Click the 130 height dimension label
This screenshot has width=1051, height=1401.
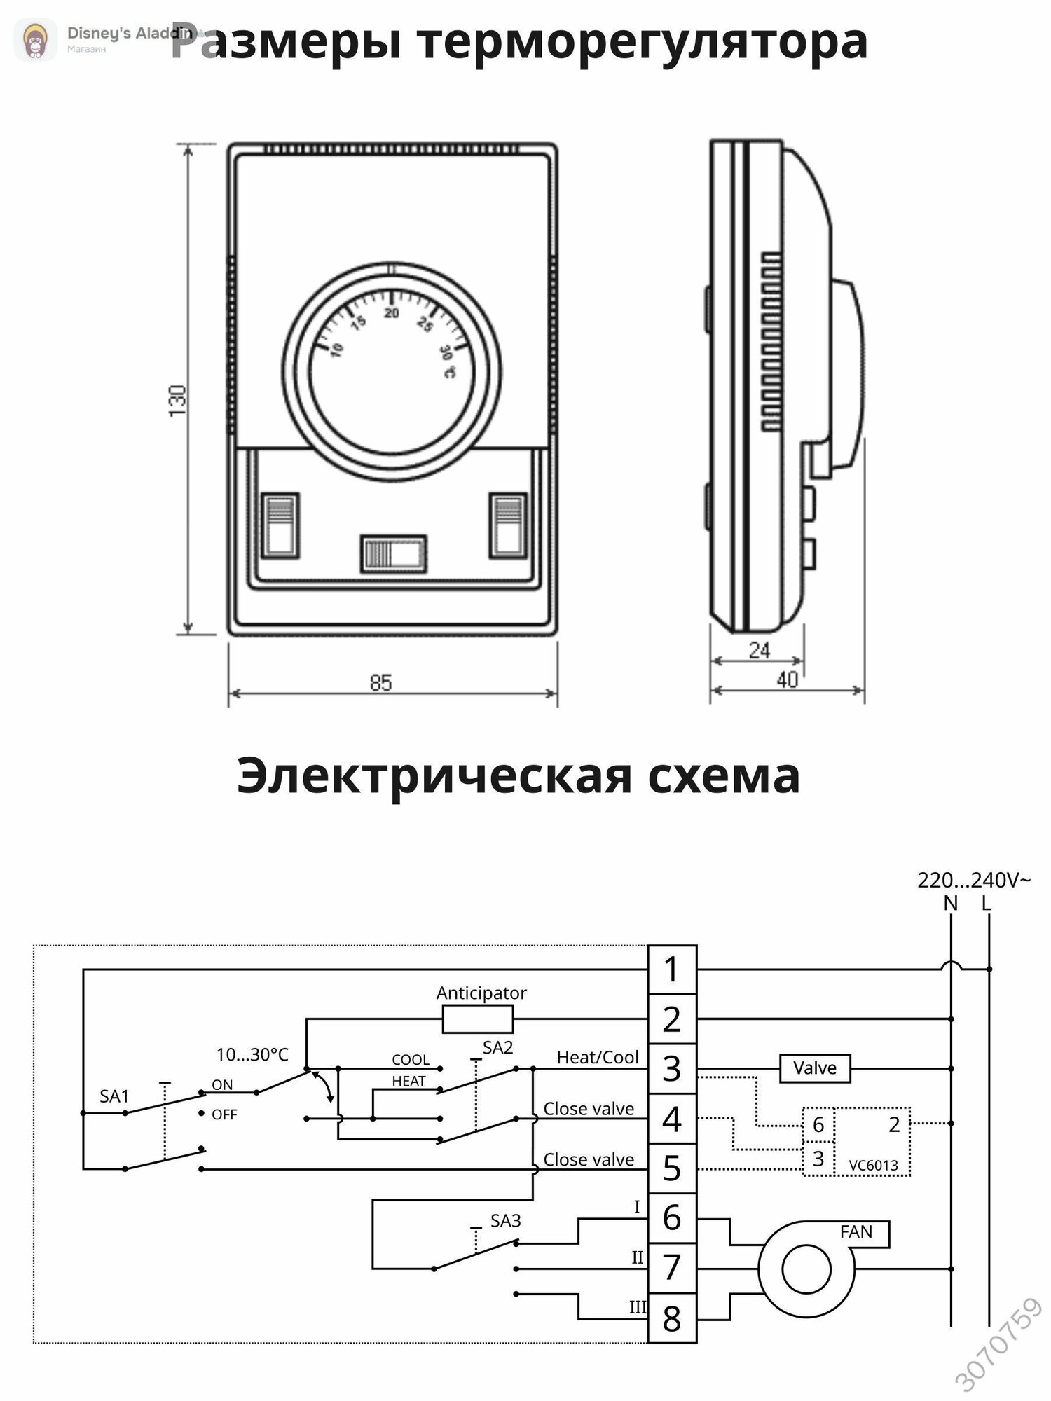point(178,400)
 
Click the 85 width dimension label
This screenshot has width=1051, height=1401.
point(381,682)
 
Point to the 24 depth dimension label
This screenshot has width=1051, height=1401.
point(760,651)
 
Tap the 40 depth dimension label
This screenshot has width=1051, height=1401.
point(788,679)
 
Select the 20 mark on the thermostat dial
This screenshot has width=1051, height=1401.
point(392,313)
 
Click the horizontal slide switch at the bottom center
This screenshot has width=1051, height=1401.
point(393,554)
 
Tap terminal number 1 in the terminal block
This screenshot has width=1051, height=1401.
point(672,969)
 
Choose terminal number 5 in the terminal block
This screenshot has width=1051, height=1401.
point(672,1168)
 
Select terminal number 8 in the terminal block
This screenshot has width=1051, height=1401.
point(672,1318)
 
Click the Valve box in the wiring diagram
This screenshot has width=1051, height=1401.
point(815,1068)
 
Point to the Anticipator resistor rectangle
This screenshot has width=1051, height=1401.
point(478,1019)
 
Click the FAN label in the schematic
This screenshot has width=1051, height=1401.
point(856,1231)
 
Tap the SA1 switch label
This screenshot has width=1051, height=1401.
point(114,1096)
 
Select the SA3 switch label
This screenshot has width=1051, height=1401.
point(506,1221)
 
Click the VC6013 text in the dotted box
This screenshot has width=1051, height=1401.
point(873,1166)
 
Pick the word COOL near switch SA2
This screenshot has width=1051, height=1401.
point(411,1060)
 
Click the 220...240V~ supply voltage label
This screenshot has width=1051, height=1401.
point(974,881)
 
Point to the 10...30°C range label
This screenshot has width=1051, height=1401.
point(252,1054)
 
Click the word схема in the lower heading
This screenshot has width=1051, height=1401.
point(724,776)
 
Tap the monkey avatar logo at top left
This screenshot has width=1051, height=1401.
point(36,39)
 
